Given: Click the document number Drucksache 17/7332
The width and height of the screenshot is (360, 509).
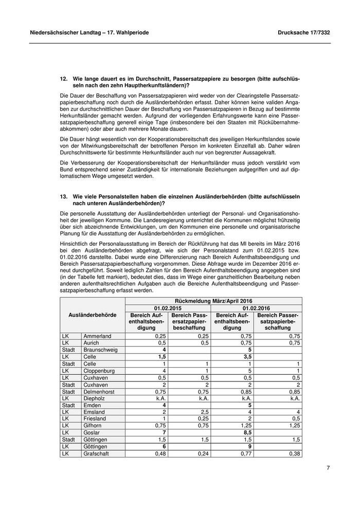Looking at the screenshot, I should (304, 32).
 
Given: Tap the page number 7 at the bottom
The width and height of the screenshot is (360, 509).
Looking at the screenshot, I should (328, 467).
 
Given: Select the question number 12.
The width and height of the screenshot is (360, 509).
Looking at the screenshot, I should (64, 79).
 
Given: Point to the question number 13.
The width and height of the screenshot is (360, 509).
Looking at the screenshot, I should (64, 196).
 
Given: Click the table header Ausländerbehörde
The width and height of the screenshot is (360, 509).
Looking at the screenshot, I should (93, 315).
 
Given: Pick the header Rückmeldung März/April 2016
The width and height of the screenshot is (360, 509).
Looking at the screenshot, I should (213, 300).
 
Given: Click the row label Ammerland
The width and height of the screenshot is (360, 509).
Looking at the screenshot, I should (97, 336).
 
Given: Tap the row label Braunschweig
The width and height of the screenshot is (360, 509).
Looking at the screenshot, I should (100, 349).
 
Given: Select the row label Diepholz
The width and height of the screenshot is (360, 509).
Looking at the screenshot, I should (95, 398).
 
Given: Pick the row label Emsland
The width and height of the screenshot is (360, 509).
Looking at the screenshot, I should (95, 412).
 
